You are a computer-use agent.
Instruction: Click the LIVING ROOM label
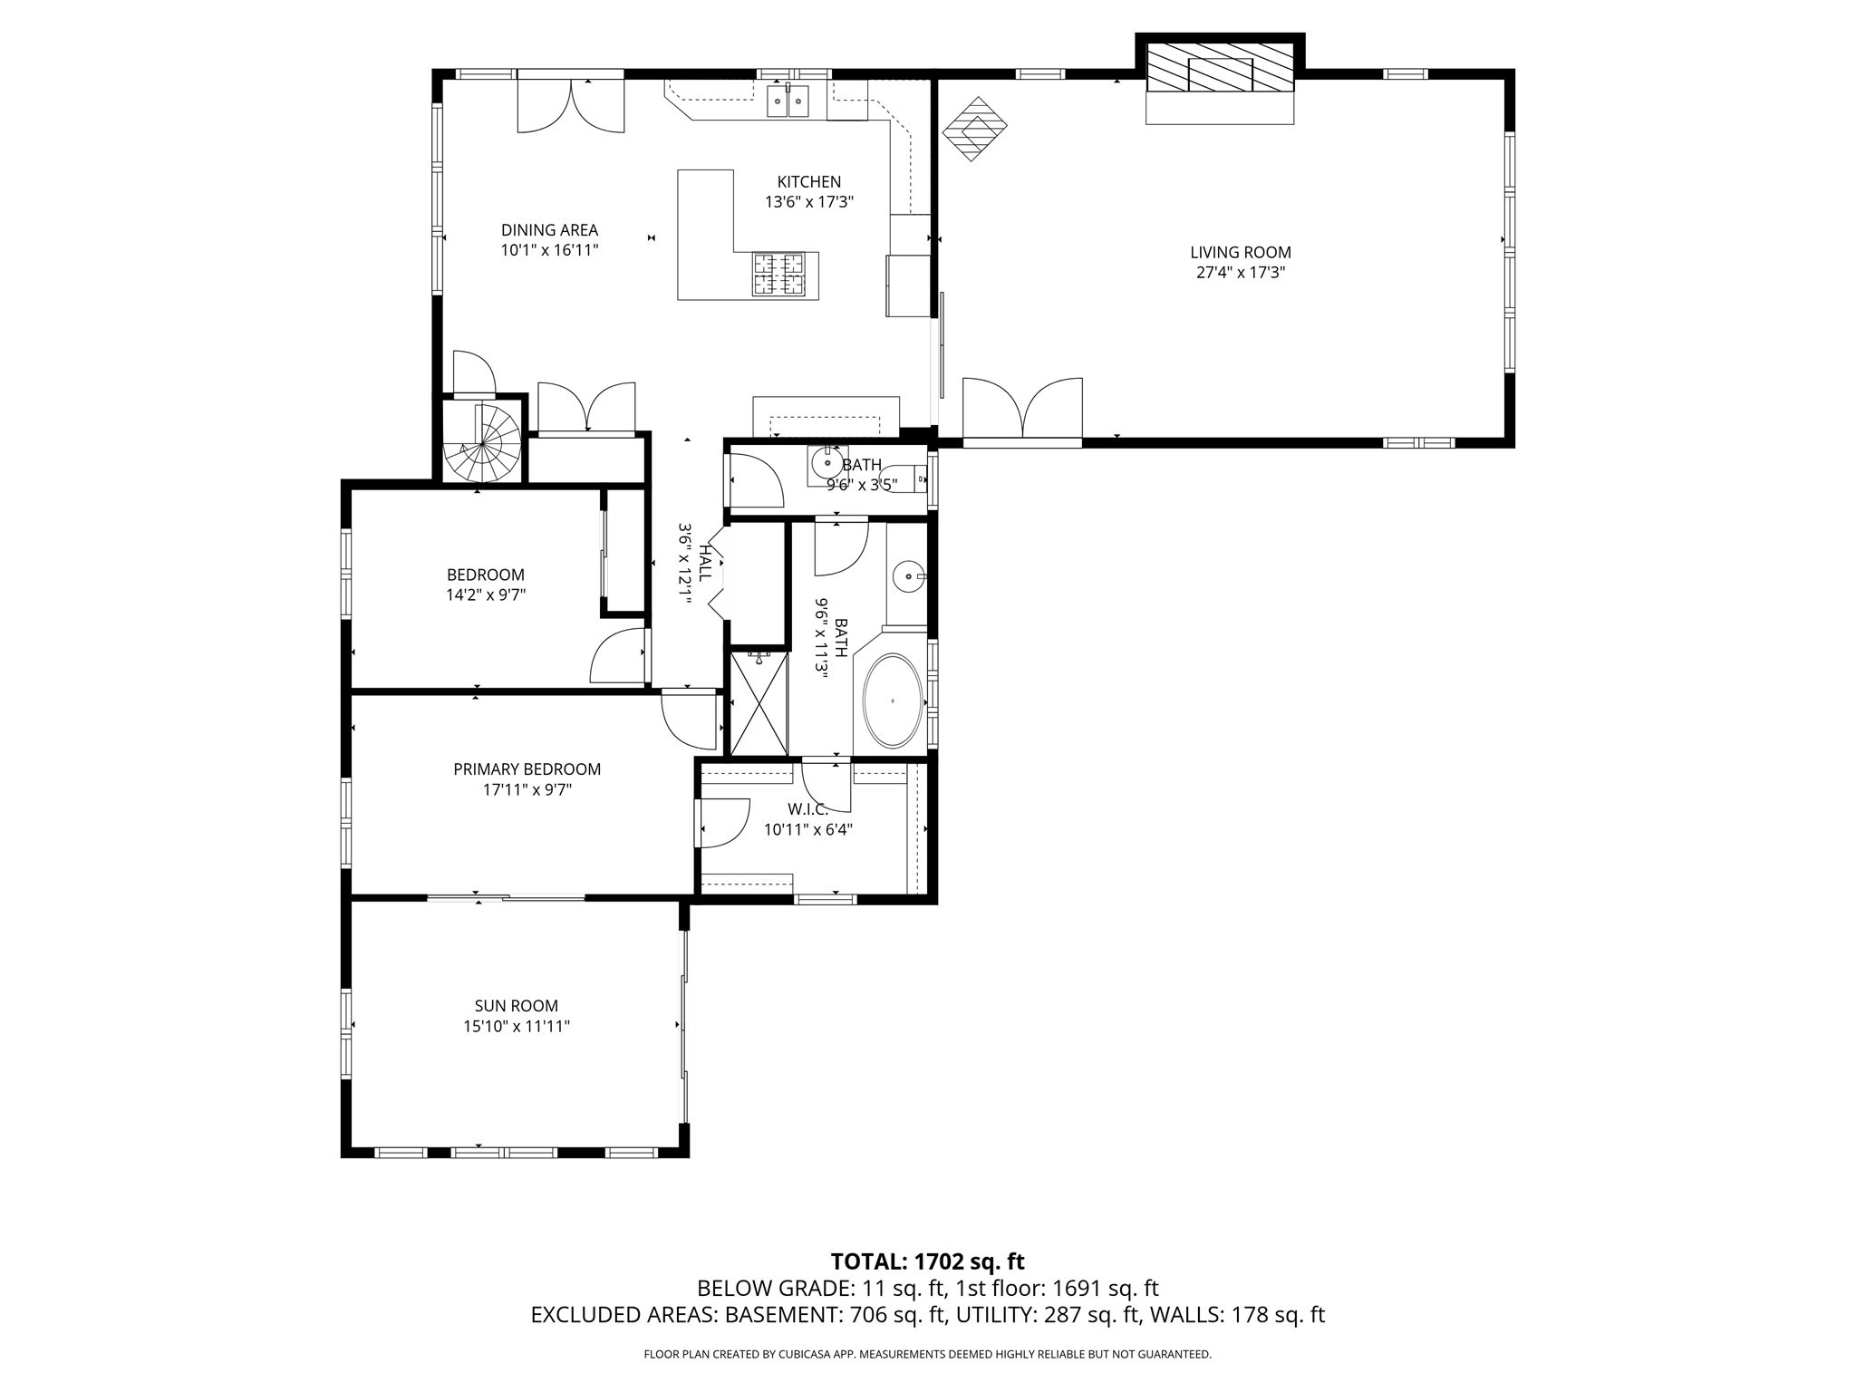[1240, 253]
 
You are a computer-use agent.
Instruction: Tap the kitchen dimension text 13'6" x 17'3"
[808, 202]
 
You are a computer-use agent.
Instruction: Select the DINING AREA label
[549, 230]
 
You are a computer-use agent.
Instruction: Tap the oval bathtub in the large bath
[894, 701]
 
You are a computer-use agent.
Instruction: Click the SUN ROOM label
[516, 1006]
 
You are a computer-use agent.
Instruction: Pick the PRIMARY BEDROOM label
[527, 769]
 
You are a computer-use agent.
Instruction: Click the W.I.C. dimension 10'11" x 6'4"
[807, 829]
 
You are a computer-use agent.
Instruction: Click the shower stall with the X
[759, 703]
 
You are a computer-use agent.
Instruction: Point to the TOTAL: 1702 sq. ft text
[927, 1261]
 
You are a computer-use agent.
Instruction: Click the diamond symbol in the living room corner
[975, 129]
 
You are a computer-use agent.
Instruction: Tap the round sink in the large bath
[907, 575]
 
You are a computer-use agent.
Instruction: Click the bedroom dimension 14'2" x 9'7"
[485, 595]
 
